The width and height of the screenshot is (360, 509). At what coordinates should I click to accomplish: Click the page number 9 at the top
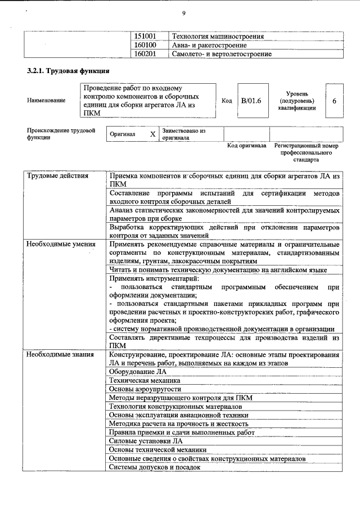tap(183, 13)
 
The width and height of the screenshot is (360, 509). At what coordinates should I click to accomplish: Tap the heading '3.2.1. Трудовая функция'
tap(64, 72)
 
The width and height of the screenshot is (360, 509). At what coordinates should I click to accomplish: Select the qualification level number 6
tap(334, 101)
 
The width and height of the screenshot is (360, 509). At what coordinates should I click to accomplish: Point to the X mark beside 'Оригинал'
tap(152, 134)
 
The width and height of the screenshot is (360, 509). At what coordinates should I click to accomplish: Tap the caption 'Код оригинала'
tap(246, 146)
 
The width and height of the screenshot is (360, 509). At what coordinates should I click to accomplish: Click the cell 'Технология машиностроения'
tap(218, 36)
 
